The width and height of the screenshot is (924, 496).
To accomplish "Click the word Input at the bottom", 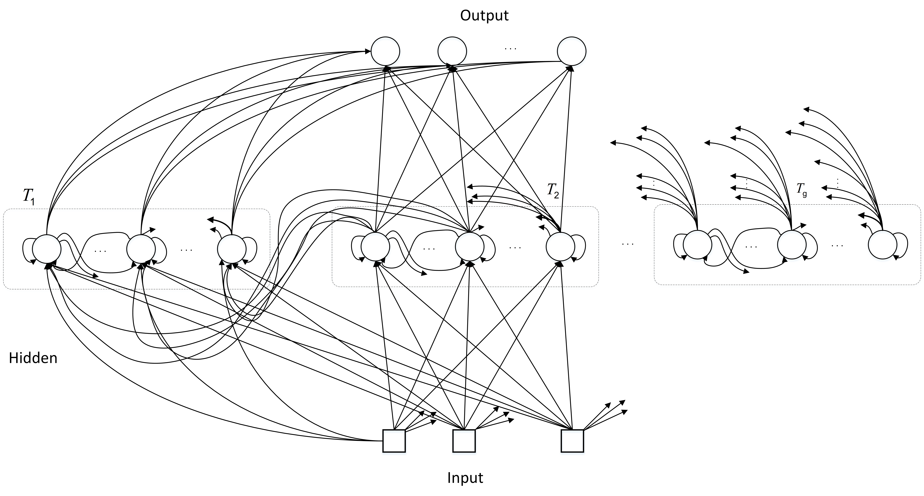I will click(465, 478).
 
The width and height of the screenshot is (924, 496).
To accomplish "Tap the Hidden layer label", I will click(33, 358).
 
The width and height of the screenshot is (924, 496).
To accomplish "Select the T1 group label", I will click(29, 197).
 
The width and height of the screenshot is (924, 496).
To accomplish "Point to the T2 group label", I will click(553, 190).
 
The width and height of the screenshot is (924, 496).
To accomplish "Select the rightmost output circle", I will click(571, 51).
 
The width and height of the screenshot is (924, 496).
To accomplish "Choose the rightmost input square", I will click(572, 441).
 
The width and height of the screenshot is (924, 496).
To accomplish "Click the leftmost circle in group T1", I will click(47, 249).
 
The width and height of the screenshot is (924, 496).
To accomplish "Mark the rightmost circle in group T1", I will click(232, 249).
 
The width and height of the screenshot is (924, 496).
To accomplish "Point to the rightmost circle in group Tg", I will click(882, 245).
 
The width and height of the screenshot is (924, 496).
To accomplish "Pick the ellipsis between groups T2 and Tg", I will click(628, 244).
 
